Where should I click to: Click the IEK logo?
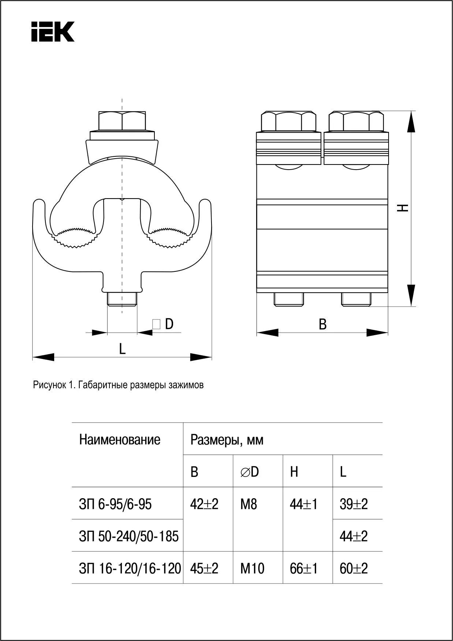(53, 32)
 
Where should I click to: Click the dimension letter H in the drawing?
(403, 208)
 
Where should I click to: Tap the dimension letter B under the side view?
(322, 324)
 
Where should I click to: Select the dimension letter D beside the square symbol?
(169, 324)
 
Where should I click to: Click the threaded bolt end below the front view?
(122, 299)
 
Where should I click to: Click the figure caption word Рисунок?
(49, 385)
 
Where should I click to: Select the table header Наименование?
(120, 440)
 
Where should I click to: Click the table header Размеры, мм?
(227, 440)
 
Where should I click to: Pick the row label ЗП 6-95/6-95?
(115, 504)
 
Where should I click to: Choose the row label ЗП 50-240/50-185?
(129, 537)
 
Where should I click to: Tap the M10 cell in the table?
(252, 568)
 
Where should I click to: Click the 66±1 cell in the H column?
(304, 568)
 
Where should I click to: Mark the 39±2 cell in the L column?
(353, 504)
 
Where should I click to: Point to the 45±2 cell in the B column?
(204, 568)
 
